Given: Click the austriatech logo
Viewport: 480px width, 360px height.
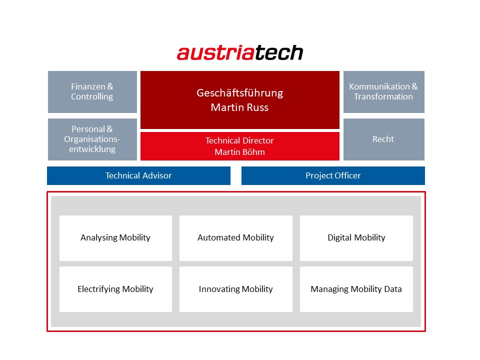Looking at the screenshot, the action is point(240,52).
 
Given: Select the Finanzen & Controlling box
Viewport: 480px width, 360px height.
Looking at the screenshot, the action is point(92,92).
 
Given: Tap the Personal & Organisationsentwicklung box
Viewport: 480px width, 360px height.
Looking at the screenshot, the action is point(92,139).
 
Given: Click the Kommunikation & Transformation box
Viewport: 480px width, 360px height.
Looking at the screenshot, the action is point(384,92).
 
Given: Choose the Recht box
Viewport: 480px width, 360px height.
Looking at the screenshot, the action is point(384,139).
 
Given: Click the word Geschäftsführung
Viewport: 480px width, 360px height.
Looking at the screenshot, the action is point(239,93).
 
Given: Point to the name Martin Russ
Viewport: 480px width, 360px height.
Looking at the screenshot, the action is point(239,107).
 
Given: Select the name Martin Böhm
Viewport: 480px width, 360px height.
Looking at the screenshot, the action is point(239,152).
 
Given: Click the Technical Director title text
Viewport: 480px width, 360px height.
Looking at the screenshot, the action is point(239,140).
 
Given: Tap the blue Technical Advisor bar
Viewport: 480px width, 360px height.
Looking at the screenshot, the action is point(138,175).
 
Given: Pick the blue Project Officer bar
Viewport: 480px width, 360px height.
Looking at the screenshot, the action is point(333,175).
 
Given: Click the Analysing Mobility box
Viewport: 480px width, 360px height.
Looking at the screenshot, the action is point(115,238).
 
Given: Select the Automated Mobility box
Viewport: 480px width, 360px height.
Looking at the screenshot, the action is point(236,238).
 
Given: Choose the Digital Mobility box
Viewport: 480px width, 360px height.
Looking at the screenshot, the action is point(356,238).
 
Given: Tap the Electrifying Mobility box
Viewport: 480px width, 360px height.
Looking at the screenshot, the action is point(115,289).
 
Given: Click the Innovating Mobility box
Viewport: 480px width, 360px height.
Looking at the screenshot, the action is point(236,289).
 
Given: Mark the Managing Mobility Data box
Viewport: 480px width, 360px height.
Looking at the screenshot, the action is point(356,289).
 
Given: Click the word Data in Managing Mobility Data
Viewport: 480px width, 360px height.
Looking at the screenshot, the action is point(393,289).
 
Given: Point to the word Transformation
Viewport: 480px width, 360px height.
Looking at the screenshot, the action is point(383,96).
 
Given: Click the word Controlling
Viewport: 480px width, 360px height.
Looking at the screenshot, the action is point(92,96).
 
